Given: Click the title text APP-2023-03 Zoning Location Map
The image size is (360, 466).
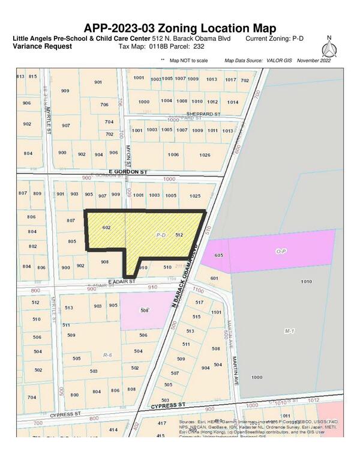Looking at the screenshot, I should [180, 28].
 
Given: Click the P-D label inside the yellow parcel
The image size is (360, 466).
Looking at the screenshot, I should [160, 235].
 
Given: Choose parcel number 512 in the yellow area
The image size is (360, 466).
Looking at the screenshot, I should [178, 235].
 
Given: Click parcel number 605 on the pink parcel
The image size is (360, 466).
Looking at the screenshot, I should [218, 256].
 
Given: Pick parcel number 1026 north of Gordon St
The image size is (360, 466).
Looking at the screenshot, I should [205, 155].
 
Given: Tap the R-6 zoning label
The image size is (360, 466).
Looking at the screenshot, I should [107, 356].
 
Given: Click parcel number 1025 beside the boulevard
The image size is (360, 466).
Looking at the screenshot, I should [194, 196].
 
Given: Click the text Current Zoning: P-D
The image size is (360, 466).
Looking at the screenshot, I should [273, 38].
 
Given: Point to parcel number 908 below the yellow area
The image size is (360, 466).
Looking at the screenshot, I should [104, 262].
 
